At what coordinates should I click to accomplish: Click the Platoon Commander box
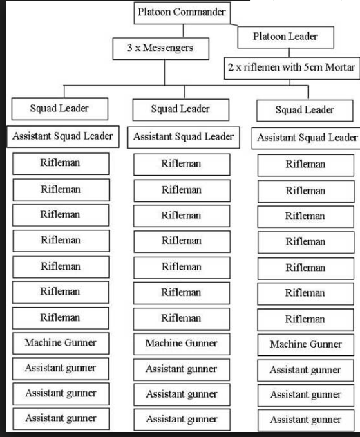[182, 13]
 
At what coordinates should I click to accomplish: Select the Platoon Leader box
[285, 37]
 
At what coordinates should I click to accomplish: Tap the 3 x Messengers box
[160, 49]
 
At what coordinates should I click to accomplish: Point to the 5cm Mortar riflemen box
[292, 68]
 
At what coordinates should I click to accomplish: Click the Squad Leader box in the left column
[60, 109]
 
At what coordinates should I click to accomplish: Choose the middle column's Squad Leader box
[181, 110]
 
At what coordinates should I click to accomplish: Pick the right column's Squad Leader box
[305, 111]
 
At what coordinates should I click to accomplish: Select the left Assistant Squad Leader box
[63, 137]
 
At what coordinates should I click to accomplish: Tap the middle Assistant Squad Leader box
[184, 138]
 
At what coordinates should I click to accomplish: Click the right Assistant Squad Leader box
[306, 138]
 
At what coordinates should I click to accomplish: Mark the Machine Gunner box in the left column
[61, 343]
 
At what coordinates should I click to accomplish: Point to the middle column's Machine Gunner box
[182, 344]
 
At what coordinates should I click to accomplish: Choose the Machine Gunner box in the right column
[306, 345]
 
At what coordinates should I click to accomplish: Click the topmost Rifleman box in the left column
[61, 164]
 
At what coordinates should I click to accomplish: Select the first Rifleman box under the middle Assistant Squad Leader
[182, 165]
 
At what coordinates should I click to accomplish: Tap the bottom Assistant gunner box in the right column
[306, 420]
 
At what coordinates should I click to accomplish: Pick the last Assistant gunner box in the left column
[61, 419]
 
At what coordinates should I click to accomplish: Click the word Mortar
[340, 68]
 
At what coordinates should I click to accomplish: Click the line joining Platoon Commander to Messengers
[183, 31]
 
